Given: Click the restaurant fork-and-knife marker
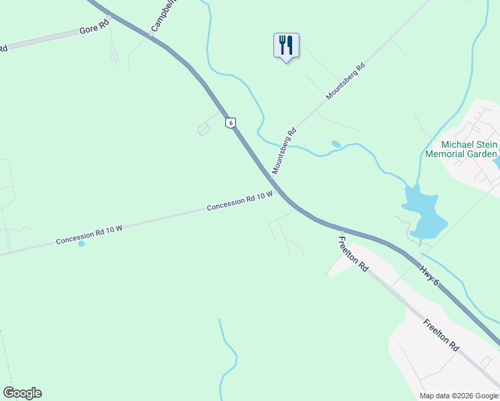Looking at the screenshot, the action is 286,45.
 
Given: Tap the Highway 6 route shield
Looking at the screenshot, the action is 230,123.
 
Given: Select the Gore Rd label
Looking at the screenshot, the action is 94,30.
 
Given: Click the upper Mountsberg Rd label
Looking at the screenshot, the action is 346,82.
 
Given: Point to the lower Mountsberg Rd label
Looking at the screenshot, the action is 283,152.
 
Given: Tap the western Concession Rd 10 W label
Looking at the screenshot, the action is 90,234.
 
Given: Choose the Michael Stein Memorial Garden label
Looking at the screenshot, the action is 461,149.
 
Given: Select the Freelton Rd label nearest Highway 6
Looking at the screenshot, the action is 353,254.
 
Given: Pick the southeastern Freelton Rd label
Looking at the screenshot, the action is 441,335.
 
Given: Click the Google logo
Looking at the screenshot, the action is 22,393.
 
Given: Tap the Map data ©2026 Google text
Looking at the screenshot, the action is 459,396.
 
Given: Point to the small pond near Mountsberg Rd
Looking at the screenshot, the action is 336,144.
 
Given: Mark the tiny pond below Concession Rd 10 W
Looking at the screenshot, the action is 82,243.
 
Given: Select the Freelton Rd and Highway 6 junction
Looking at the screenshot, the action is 341,229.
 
